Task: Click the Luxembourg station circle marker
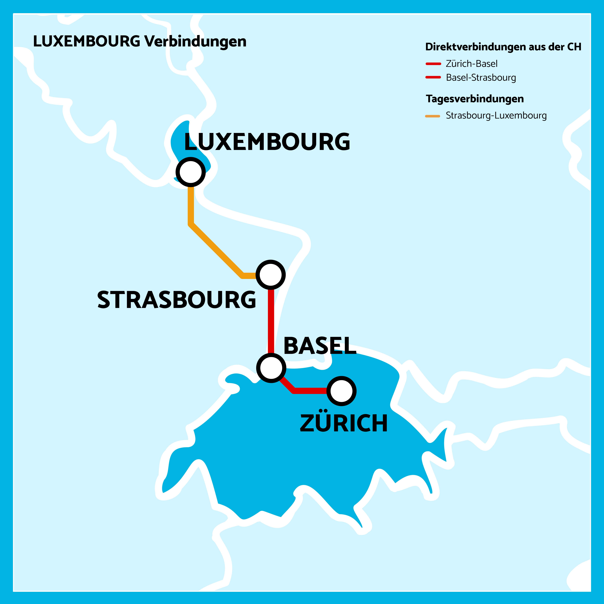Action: pos(190,172)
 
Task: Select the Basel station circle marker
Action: pos(271,368)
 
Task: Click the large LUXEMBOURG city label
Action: pos(267,142)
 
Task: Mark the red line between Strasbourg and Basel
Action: pos(271,322)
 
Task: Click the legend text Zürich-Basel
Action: pos(471,64)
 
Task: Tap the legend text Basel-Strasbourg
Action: pos(481,78)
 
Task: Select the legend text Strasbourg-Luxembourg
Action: pos(496,116)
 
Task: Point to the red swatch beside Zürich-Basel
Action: pos(433,64)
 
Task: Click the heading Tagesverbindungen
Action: pos(475,99)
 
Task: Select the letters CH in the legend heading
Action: pos(574,47)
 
